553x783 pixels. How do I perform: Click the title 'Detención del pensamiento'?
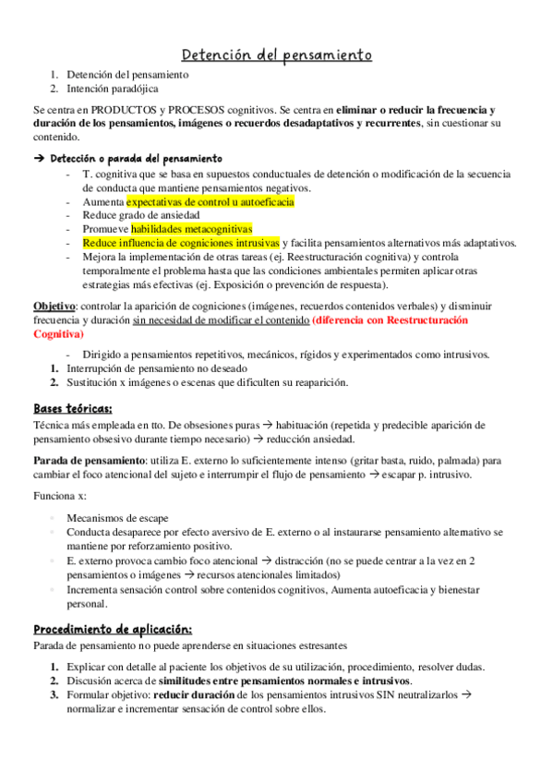276,56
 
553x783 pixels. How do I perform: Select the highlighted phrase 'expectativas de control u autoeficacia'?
210,200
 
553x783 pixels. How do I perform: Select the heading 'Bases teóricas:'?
73,408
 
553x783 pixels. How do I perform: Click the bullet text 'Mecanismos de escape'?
119,518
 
